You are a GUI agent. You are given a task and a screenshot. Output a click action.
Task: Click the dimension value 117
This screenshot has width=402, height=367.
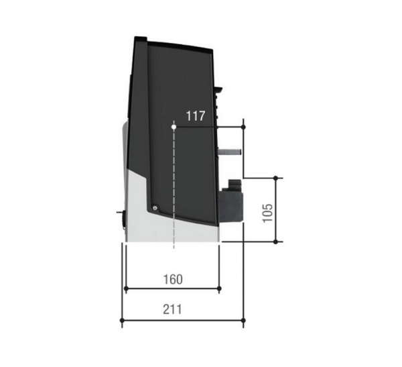196,116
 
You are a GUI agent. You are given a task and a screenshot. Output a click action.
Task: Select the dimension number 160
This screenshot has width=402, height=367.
173,279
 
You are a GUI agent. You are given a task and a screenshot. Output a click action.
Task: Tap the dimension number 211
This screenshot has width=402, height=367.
172,309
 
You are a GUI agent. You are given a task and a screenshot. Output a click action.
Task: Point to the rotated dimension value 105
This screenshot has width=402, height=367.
267,213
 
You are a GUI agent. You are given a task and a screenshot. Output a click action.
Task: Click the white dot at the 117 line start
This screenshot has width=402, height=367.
174,127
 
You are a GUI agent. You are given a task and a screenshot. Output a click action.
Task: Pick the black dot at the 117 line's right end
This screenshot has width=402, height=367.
244,127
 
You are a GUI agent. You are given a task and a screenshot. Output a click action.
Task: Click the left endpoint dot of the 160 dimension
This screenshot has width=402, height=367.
126,289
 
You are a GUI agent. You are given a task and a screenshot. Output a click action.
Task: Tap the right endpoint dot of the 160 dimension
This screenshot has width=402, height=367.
219,289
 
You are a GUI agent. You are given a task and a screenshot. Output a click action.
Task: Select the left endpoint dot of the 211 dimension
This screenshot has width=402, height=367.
122,321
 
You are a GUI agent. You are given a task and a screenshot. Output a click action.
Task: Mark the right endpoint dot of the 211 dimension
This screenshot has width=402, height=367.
244,321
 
